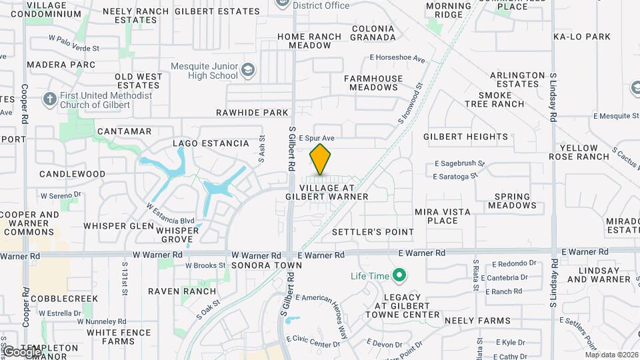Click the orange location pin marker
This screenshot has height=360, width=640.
321,160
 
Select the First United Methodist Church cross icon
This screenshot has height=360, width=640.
49,100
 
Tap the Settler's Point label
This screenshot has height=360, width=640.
373,232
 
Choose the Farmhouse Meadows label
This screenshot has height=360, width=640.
373,83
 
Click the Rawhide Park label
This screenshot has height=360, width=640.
252,113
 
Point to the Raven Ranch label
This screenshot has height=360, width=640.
182,291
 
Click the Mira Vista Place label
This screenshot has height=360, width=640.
442,216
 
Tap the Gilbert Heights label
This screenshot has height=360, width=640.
465,137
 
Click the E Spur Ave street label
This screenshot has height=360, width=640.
316,138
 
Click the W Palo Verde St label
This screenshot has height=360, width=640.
73,49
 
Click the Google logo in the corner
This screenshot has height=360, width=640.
21,352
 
